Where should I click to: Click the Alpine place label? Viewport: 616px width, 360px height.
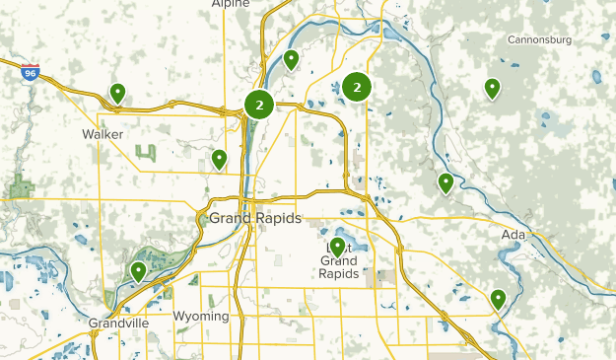[232, 4]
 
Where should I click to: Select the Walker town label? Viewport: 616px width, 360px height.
[103, 133]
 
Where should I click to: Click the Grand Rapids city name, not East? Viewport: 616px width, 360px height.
[255, 218]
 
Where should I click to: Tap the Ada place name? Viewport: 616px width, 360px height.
[513, 235]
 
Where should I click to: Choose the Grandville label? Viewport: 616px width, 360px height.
[117, 324]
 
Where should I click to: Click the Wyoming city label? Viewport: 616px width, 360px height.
[200, 317]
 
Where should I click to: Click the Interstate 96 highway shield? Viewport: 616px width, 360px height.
[31, 72]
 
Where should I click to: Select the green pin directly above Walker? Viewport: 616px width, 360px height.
[117, 94]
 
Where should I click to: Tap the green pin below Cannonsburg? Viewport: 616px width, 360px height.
[492, 89]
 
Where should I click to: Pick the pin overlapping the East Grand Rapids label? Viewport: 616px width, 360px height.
[338, 247]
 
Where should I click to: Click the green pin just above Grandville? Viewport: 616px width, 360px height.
[138, 271]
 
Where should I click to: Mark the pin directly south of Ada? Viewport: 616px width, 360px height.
[499, 298]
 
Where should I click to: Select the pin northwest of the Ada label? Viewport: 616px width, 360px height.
[445, 182]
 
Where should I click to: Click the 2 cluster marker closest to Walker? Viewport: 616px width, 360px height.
[259, 105]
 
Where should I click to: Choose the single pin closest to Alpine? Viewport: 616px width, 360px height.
[291, 60]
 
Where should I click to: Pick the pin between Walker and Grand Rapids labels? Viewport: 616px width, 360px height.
[219, 159]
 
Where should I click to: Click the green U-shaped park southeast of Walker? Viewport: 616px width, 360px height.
[146, 153]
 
